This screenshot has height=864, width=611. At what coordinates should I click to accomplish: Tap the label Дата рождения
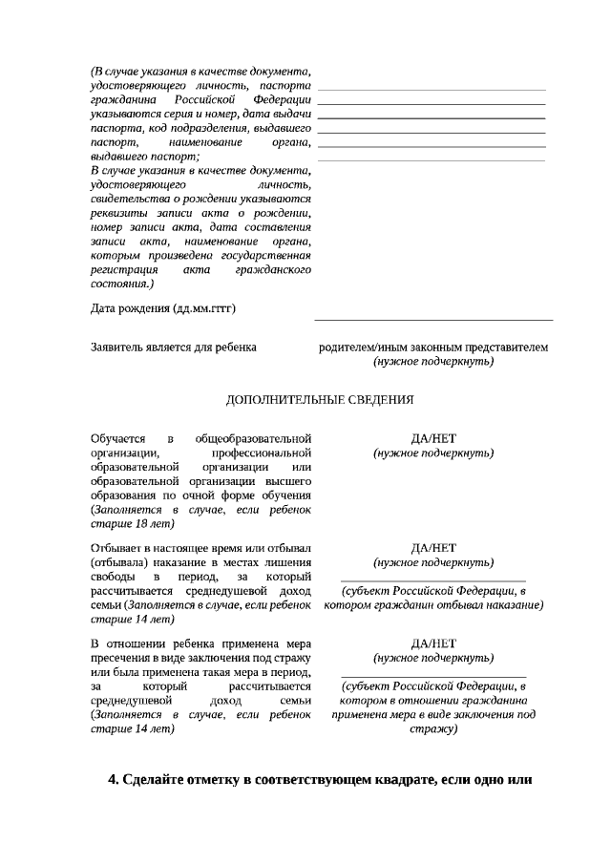pyautogui.click(x=131, y=308)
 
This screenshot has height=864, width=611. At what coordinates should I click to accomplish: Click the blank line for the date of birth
pyautogui.click(x=433, y=319)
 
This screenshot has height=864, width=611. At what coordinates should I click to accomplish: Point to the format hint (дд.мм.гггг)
pyautogui.click(x=204, y=308)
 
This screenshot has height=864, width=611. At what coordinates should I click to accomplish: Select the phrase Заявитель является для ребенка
pyautogui.click(x=173, y=348)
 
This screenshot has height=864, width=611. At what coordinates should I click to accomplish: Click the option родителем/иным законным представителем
pyautogui.click(x=433, y=348)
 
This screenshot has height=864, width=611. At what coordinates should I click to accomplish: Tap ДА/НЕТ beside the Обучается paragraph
pyautogui.click(x=433, y=438)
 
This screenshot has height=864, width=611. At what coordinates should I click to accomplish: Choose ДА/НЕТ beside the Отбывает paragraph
pyautogui.click(x=433, y=548)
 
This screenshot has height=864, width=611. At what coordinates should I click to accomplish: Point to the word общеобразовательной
pyautogui.click(x=253, y=438)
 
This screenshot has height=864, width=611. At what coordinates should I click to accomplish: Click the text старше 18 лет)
pyautogui.click(x=133, y=524)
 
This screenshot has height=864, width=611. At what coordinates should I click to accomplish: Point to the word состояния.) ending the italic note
pyautogui.click(x=121, y=284)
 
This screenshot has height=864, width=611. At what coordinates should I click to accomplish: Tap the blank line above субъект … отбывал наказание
pyautogui.click(x=433, y=580)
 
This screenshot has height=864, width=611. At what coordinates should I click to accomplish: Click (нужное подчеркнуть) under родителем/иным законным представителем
pyautogui.click(x=433, y=362)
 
